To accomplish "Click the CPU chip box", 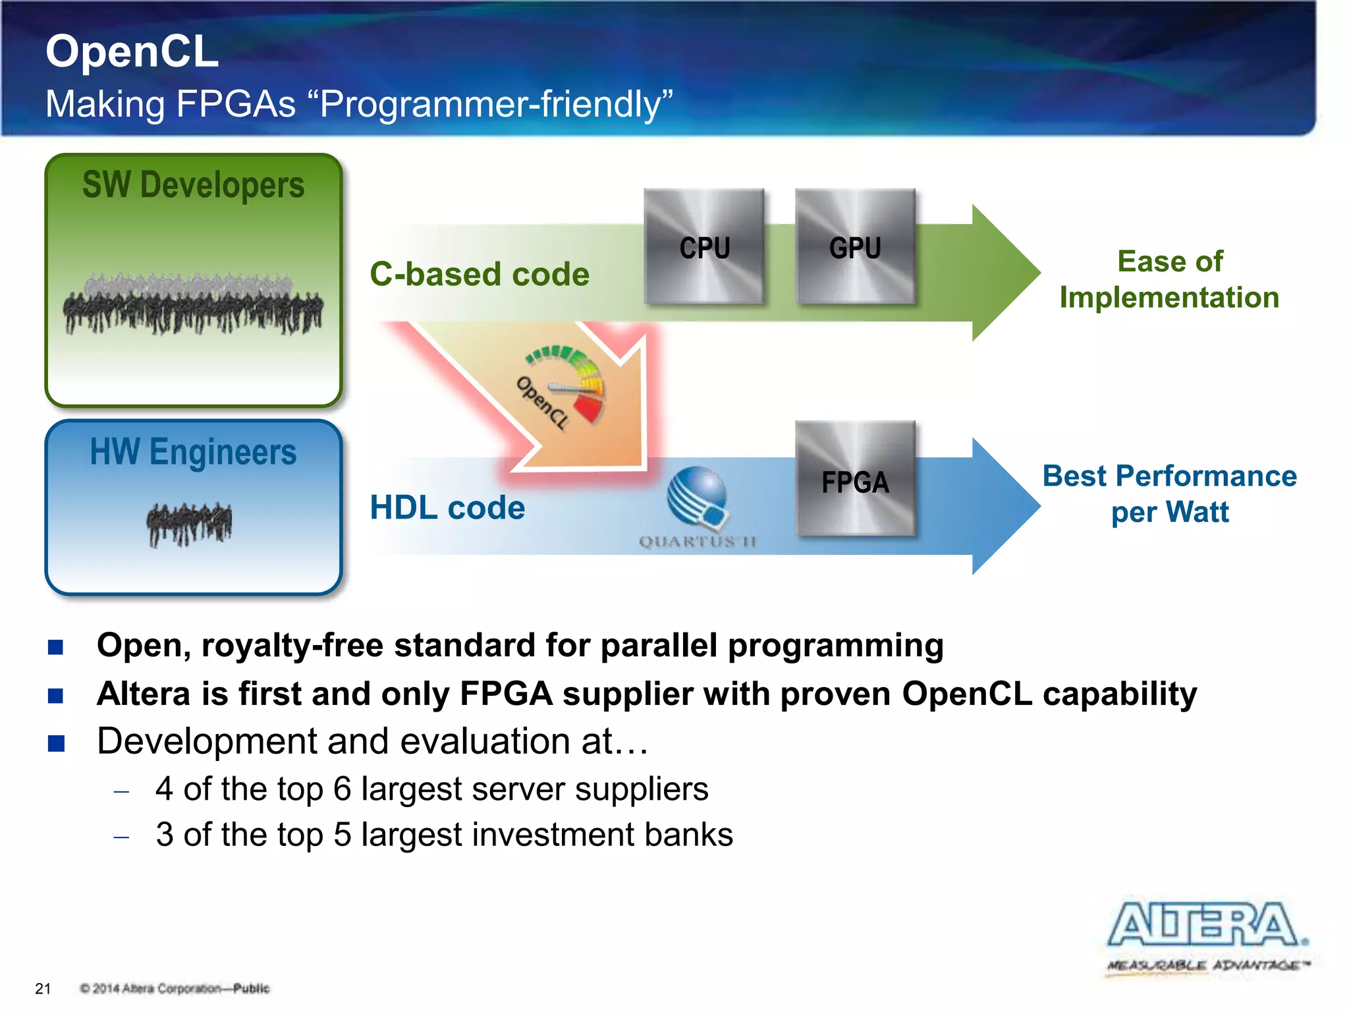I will tap(704, 246).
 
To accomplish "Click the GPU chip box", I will tap(855, 246).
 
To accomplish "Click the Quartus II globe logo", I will tap(698, 497).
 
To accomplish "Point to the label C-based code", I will tap(480, 274).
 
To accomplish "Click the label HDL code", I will tap(447, 507).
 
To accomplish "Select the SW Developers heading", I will tap(193, 184).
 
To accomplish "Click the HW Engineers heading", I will tap(193, 452).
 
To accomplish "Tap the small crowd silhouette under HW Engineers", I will tap(189, 524).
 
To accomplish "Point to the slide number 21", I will tap(43, 988).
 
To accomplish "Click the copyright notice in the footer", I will tap(175, 988).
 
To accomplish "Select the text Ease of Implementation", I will tap(1169, 279).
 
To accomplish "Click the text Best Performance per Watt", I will tap(1169, 493).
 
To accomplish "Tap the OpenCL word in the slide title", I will tap(132, 51).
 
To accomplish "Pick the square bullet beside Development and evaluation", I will tap(56, 743).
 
